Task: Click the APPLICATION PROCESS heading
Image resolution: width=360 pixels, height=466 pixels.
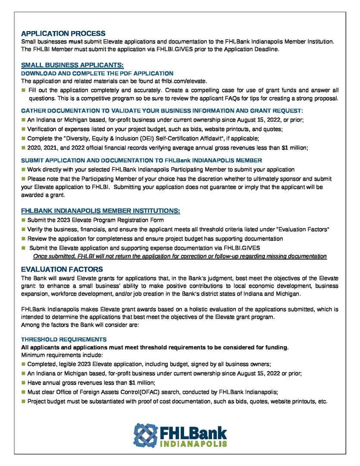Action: [63, 33]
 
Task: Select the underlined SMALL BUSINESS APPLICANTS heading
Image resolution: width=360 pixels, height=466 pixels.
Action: [72, 65]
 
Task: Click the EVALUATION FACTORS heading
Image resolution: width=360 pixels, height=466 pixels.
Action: [62, 269]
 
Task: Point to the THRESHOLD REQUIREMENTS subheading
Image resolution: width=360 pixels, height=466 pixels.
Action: [64, 340]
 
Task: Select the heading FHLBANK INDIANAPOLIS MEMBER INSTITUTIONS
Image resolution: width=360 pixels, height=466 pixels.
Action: [100, 211]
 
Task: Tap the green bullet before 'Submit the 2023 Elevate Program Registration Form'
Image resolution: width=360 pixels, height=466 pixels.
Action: [23, 220]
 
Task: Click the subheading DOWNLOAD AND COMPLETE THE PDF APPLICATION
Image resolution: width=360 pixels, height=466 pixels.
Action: [97, 73]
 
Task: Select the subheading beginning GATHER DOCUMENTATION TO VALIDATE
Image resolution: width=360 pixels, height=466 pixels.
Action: [162, 111]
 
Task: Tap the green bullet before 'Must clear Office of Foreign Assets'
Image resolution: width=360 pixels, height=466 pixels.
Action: [23, 392]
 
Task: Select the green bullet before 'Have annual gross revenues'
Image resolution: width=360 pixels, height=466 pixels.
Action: [23, 383]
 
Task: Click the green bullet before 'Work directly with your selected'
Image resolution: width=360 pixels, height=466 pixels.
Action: [23, 170]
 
